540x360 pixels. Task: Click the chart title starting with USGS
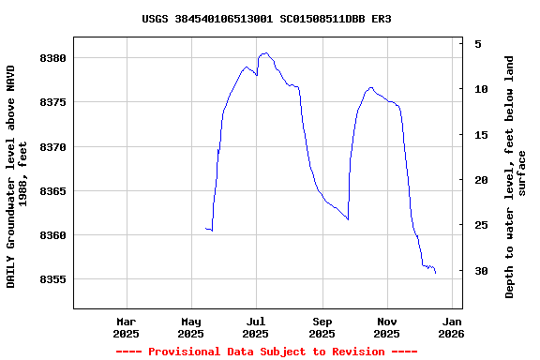point(266,19)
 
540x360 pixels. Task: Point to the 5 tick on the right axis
point(478,44)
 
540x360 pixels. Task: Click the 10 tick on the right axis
point(481,89)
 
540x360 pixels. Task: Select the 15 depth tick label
point(481,135)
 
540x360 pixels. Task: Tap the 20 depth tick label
point(481,180)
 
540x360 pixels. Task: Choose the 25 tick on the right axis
point(481,225)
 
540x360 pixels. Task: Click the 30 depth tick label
point(481,271)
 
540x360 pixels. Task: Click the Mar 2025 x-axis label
point(126,327)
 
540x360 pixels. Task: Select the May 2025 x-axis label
point(190,327)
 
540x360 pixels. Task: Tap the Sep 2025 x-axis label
point(322,327)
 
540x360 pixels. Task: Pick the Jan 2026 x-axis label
point(451,327)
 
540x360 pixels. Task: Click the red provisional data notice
point(266,352)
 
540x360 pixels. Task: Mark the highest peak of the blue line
point(266,53)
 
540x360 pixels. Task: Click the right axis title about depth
point(516,177)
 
